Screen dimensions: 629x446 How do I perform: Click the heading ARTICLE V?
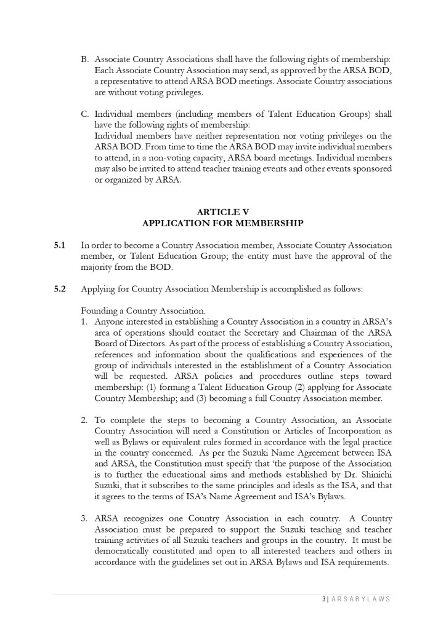point(222,212)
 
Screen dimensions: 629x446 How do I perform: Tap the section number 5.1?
point(59,246)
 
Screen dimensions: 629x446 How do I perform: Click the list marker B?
point(85,60)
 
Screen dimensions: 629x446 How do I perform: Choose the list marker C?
point(85,114)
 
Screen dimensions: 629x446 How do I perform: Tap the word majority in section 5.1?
point(99,268)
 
